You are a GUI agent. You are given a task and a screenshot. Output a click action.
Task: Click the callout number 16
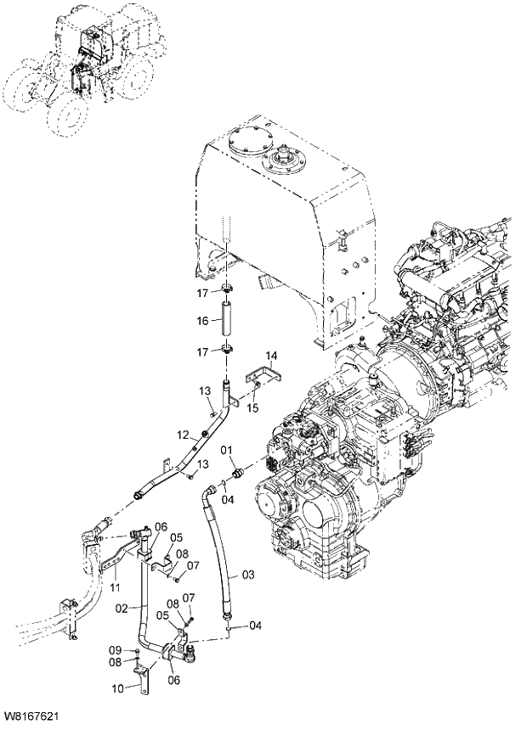point(202,321)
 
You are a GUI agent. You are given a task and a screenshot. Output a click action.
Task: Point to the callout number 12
point(182,435)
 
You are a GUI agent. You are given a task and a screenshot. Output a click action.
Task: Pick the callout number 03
point(248,575)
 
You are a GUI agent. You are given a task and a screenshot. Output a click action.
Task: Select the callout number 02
point(122,608)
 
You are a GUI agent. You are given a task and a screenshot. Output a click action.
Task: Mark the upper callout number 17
point(202,293)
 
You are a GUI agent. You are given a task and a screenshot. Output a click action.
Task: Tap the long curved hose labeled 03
point(218,552)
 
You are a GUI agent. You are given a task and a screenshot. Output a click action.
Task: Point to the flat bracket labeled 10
point(144,680)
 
